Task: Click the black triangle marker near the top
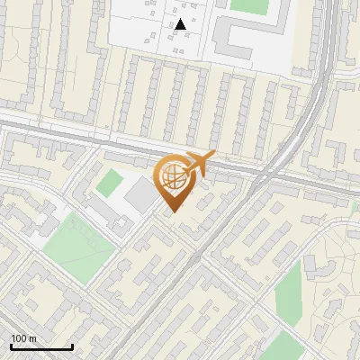coord(181,24)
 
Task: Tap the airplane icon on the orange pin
coord(198,164)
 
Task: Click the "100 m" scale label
coord(23,338)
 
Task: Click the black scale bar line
coord(41,346)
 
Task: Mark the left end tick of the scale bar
coord(11,345)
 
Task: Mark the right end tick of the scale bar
coord(72,345)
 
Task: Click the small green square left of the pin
coord(110,184)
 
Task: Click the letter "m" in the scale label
coord(32,338)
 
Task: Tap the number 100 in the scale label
coord(19,338)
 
